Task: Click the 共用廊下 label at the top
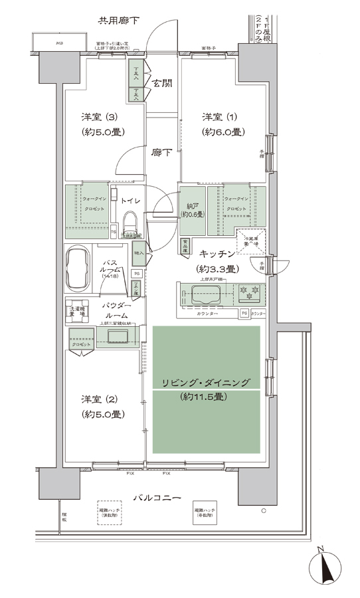pyautogui.click(x=118, y=21)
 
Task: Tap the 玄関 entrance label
pyautogui.click(x=161, y=84)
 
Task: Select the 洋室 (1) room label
pyautogui.click(x=223, y=117)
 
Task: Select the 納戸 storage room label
pyautogui.click(x=191, y=201)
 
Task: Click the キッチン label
pyautogui.click(x=217, y=254)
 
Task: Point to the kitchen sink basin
pyautogui.click(x=207, y=296)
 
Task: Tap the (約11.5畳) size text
pyautogui.click(x=205, y=399)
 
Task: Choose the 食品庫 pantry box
pyautogui.click(x=184, y=245)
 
